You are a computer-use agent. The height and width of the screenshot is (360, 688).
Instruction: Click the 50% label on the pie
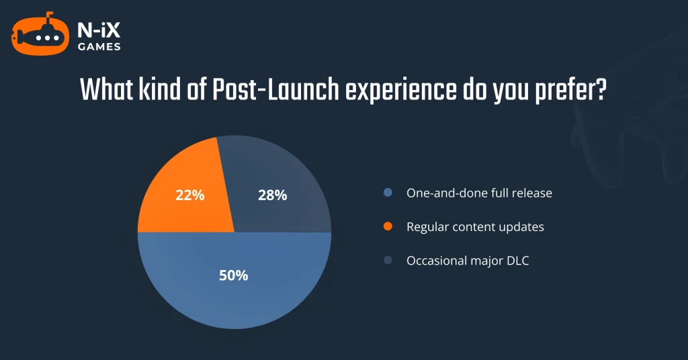coord(234,275)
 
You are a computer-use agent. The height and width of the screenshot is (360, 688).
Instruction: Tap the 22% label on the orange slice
coord(189,195)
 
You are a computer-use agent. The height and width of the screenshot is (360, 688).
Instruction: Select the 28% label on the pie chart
coord(273,195)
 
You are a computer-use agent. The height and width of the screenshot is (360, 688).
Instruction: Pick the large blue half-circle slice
coord(234,296)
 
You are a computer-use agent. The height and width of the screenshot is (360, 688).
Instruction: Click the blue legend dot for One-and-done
coord(388,193)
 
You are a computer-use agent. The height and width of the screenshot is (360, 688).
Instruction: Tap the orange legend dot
coord(388,227)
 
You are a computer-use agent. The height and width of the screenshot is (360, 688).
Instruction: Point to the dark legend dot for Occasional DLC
coord(388,261)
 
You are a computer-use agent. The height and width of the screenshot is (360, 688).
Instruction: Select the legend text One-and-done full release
coord(479,193)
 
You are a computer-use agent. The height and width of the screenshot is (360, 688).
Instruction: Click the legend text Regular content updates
coord(475,227)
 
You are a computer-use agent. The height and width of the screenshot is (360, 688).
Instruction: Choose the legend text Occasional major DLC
coord(468,261)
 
